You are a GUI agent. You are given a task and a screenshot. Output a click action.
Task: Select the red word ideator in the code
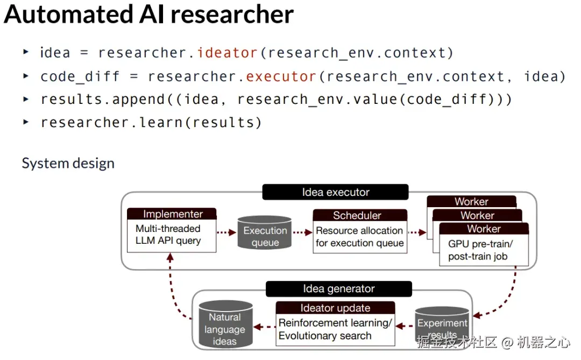tap(227, 53)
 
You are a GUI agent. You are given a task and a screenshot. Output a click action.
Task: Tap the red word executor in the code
tap(281, 76)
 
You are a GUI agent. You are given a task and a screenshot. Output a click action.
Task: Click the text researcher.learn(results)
tap(151, 123)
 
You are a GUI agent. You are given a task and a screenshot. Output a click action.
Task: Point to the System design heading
tap(68, 163)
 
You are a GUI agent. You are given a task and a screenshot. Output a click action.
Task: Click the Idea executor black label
tap(335, 192)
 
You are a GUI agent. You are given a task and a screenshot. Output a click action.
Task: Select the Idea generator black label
tap(338, 289)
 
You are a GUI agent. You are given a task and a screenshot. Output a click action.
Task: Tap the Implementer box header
tap(172, 214)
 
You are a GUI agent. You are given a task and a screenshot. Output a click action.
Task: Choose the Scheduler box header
tap(357, 216)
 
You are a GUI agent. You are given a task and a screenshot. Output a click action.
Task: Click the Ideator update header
tap(335, 308)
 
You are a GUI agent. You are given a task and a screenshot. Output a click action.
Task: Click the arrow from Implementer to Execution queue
tap(226, 232)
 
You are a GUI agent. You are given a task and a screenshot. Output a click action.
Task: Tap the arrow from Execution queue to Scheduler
tap(302, 232)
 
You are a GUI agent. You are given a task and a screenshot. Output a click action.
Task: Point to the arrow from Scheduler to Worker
tap(417, 232)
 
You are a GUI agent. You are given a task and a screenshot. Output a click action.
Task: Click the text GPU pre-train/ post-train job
tap(480, 250)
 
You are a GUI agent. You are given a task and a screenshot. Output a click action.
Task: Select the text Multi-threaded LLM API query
tap(168, 235)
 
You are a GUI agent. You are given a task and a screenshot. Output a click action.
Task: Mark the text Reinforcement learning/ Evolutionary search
tap(335, 329)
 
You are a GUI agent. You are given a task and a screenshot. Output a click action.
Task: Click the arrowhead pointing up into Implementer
tap(170, 258)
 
